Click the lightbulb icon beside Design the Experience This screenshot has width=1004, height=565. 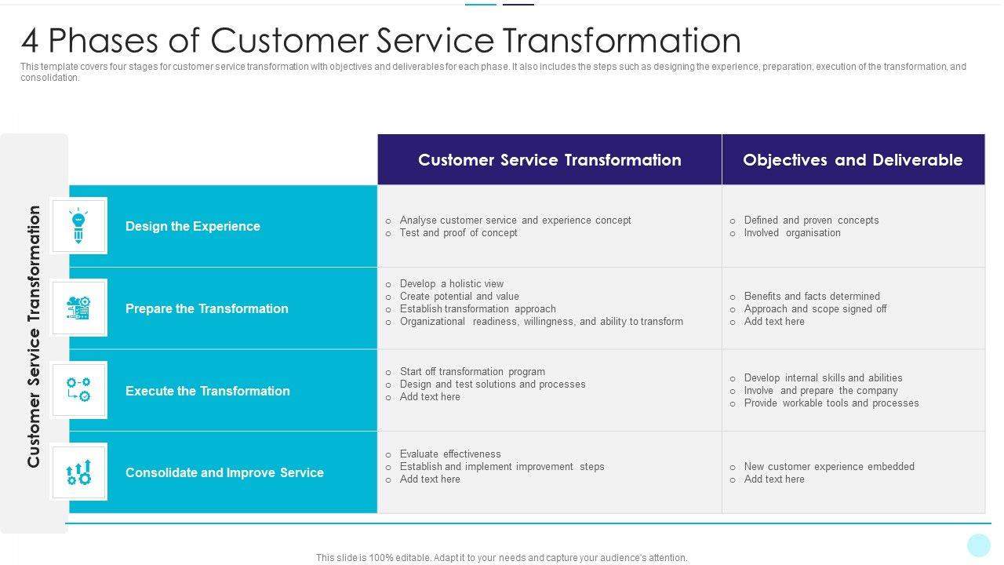78,226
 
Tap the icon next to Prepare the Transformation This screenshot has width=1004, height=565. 78,308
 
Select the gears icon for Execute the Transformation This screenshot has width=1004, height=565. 78,390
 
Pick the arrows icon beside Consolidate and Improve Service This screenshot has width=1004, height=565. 78,472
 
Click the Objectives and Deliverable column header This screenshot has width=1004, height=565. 853,160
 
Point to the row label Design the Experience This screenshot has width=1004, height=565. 192,226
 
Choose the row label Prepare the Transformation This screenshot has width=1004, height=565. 206,308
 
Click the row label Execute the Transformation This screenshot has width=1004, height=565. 207,391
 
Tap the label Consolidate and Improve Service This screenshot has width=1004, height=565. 224,472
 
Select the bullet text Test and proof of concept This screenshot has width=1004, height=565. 458,233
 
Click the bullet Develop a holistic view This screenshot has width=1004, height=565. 452,284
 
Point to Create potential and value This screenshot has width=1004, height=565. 459,297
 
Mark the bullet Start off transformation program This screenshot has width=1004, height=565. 472,372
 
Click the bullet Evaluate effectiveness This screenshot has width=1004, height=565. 450,454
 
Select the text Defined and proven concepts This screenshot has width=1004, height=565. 811,221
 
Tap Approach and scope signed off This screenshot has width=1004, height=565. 815,309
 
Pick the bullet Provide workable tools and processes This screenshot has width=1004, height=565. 831,403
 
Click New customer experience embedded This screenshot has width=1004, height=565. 829,467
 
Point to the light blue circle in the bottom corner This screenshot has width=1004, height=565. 979,545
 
